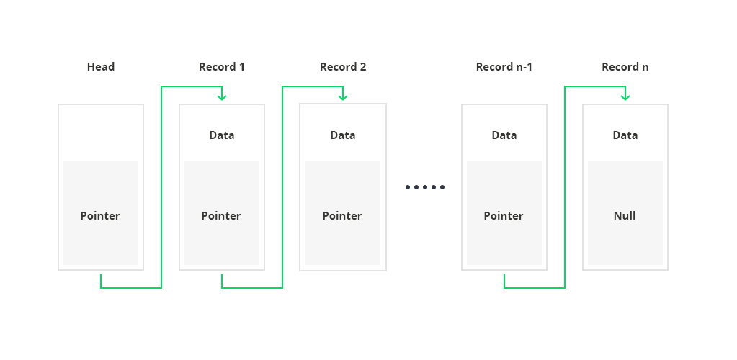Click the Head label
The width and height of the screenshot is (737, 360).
(101, 67)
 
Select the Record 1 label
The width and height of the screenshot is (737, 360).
(222, 67)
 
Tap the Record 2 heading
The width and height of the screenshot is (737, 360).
(343, 67)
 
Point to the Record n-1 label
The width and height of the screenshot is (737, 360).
(504, 67)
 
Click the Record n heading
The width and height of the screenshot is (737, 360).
(625, 67)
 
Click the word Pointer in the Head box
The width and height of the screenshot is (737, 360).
(100, 216)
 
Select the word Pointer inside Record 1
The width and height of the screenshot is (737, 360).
(221, 216)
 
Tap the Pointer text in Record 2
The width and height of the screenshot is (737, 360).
(342, 216)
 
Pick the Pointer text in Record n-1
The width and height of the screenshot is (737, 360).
(504, 216)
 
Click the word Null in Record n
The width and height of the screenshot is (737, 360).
(625, 216)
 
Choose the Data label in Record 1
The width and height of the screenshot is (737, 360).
(222, 135)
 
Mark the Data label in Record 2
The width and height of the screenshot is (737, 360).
(343, 135)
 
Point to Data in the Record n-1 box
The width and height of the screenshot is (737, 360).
(504, 135)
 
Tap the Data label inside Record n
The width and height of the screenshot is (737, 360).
(625, 135)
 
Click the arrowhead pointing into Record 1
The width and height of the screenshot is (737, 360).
(222, 97)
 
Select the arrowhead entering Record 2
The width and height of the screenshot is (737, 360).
(343, 97)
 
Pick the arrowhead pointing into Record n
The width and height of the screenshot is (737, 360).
(625, 97)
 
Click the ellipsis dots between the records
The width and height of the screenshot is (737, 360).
(425, 187)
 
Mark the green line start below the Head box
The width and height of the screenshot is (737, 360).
(101, 274)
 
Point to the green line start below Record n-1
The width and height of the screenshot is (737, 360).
(504, 274)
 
